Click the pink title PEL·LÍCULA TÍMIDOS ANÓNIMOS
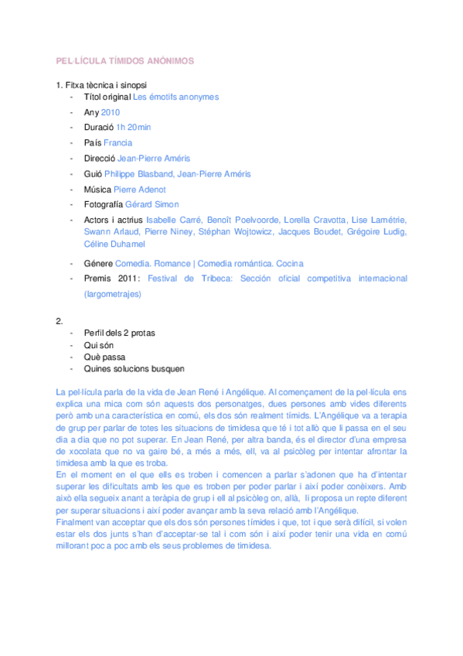point(124,60)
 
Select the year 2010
point(111,112)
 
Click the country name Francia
point(118,143)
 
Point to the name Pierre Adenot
point(139,190)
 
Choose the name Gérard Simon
point(151,205)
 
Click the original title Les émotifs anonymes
point(175,97)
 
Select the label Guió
point(92,174)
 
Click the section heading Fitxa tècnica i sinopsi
point(100,84)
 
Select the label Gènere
point(97,264)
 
